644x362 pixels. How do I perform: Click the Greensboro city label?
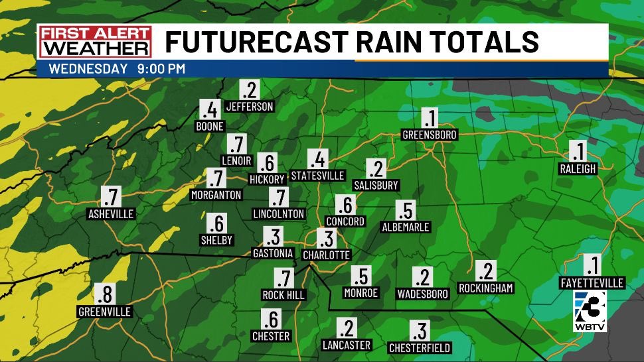point(430,135)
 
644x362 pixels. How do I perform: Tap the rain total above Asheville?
point(111,196)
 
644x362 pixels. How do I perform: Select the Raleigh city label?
point(578,169)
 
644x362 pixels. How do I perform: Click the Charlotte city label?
point(326,255)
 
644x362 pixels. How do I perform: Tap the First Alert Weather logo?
point(94,42)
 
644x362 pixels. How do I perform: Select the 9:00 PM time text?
point(162,68)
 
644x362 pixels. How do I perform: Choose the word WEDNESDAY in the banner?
point(88,68)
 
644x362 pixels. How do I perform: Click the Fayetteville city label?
point(592,283)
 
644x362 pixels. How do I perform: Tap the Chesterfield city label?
point(420,347)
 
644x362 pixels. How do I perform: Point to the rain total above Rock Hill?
point(283,278)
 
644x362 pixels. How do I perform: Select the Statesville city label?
point(318,176)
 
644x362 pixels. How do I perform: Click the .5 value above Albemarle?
point(405,210)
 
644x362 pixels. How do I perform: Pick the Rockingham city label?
point(486,288)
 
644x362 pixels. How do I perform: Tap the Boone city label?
point(210,126)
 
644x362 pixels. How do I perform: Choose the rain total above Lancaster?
point(346,328)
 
